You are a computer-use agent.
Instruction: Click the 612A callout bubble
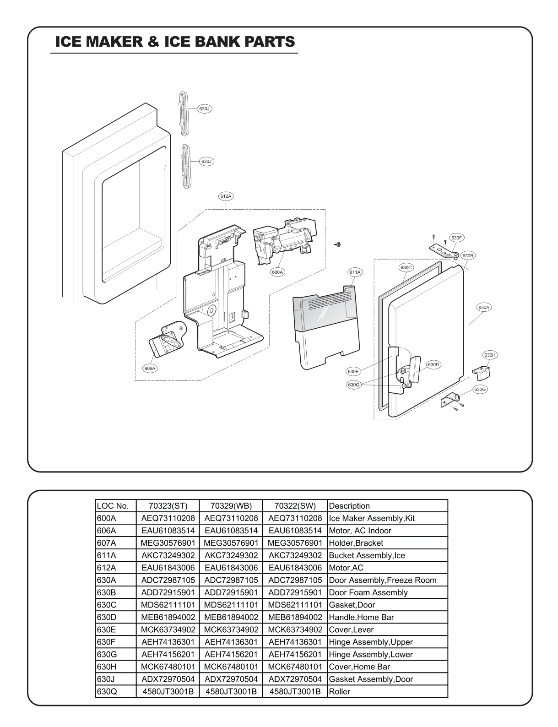[226, 196]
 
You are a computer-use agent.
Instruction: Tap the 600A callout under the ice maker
[277, 272]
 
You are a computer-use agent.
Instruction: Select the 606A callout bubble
[150, 368]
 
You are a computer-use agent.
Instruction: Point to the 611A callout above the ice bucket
[355, 272]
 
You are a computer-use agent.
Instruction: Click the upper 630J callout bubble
[204, 109]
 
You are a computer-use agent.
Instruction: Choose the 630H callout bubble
[490, 355]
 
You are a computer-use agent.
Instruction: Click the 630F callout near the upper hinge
[456, 238]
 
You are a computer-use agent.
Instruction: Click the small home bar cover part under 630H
[481, 372]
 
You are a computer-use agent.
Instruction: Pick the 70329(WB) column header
[231, 506]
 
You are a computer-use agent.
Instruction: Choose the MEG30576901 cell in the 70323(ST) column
[168, 543]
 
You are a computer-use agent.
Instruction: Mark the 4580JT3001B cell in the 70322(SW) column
[295, 691]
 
